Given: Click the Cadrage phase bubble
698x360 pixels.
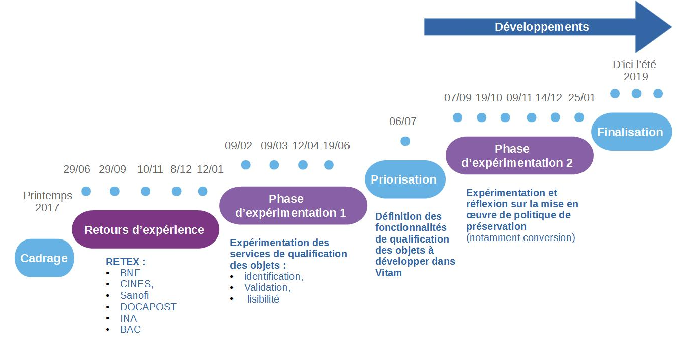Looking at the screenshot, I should pyautogui.click(x=44, y=258).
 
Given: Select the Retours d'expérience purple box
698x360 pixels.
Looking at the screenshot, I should pyautogui.click(x=144, y=230).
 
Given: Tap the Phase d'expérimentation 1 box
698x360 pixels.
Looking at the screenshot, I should pyautogui.click(x=293, y=206).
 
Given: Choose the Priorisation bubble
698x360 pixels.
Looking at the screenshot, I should pyautogui.click(x=404, y=179).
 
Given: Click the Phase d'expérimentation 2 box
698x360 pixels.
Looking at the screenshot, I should pyautogui.click(x=519, y=156).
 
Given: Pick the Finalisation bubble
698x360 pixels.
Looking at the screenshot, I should pyautogui.click(x=630, y=132).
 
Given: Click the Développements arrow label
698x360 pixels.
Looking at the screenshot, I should pyautogui.click(x=542, y=27).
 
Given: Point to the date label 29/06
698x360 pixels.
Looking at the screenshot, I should pyautogui.click(x=77, y=169).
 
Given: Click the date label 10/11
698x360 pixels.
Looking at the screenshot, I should pyautogui.click(x=150, y=169).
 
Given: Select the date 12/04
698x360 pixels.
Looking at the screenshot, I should pyautogui.click(x=306, y=146).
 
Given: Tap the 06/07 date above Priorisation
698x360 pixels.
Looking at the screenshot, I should pyautogui.click(x=403, y=122).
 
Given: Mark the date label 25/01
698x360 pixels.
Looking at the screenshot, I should pyautogui.click(x=581, y=98).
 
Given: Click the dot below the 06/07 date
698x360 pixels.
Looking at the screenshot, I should pyautogui.click(x=405, y=141).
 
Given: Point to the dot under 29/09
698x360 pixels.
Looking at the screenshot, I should pyautogui.click(x=114, y=191).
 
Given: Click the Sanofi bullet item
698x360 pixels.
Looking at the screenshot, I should pyautogui.click(x=134, y=295).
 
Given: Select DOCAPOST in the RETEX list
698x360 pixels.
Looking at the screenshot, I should pyautogui.click(x=148, y=307).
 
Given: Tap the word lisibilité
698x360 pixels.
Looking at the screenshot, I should pyautogui.click(x=263, y=299).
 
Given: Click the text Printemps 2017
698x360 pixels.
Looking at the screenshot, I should pyautogui.click(x=48, y=201).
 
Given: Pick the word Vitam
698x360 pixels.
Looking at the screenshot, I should pyautogui.click(x=389, y=273).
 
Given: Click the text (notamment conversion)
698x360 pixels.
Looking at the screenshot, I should pyautogui.click(x=520, y=237).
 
